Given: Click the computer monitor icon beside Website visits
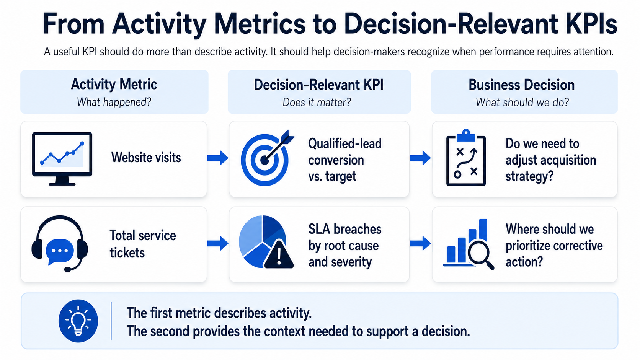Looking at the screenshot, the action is point(62,159).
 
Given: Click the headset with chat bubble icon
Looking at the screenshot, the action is point(59,243).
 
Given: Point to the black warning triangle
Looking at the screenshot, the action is point(279,255).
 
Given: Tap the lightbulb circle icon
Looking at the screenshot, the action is point(78,321).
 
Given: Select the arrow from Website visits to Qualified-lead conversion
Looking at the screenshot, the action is point(218,158).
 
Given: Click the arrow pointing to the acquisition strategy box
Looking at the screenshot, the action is point(420,158).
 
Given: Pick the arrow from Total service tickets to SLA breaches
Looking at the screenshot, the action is point(218,244).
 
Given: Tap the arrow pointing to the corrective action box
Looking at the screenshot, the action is point(420,244).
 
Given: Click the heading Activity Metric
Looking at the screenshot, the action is point(114,85).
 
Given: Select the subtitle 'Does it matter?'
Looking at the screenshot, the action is point(317,102).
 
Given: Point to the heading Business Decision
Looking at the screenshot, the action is point(521,85).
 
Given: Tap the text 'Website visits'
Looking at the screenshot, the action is point(146,158).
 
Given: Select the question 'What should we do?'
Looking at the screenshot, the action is point(522,102).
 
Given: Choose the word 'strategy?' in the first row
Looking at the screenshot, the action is point(529,176).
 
